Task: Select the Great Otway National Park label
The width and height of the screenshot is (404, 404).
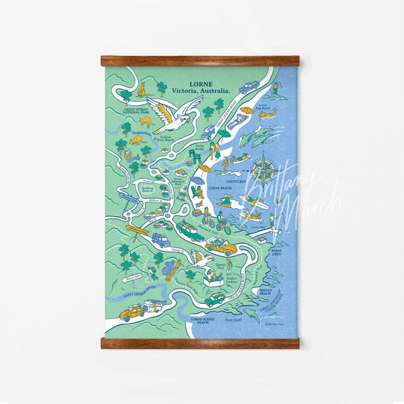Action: point(124,110)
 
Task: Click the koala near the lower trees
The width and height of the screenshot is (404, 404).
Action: point(170,269)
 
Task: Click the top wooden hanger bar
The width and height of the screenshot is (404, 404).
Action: point(200,61)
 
